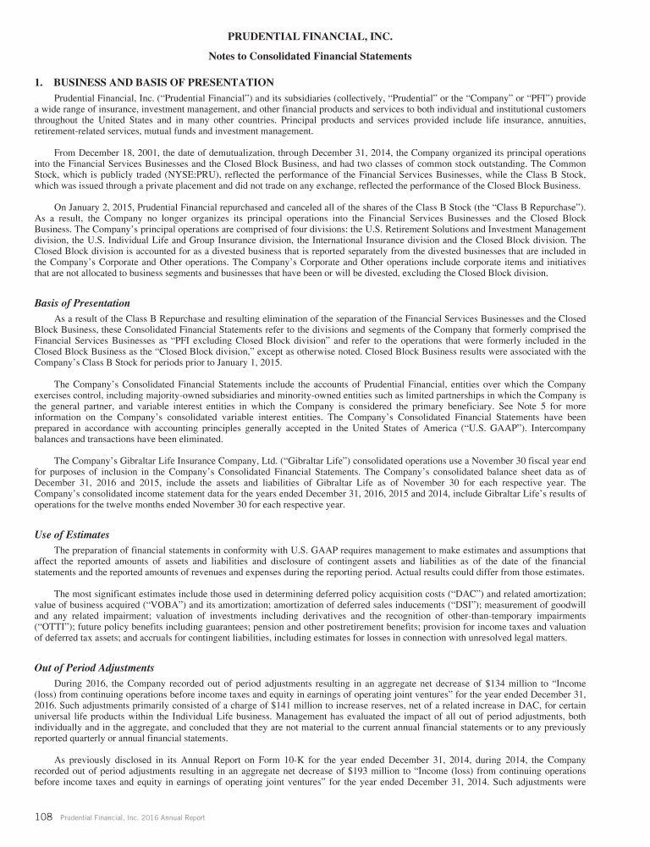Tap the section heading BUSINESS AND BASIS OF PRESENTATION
click(x=163, y=82)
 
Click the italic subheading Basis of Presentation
click(x=82, y=303)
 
